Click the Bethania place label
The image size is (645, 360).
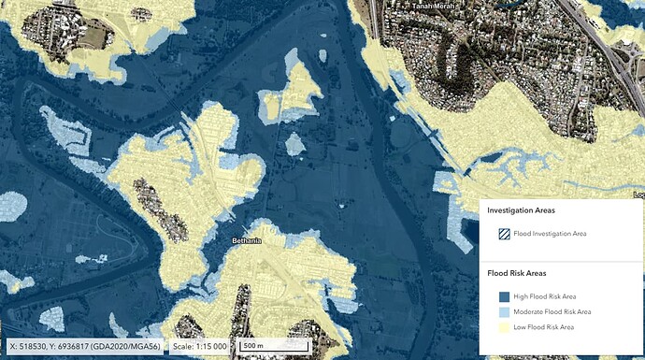(x=247, y=240)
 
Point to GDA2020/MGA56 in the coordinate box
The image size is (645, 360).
(x=125, y=345)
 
